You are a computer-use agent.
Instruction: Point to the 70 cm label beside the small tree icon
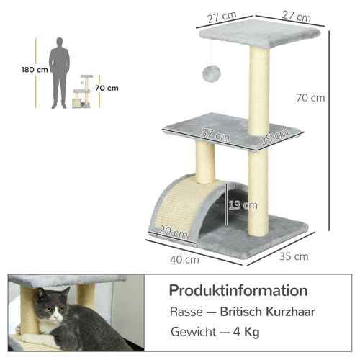(107, 89)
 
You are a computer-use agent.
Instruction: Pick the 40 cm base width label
(185, 259)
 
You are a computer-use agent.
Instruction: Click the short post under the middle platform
(205, 161)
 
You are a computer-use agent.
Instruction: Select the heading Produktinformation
(238, 291)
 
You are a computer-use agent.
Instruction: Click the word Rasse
(186, 313)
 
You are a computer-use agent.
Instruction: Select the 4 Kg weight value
(247, 333)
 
